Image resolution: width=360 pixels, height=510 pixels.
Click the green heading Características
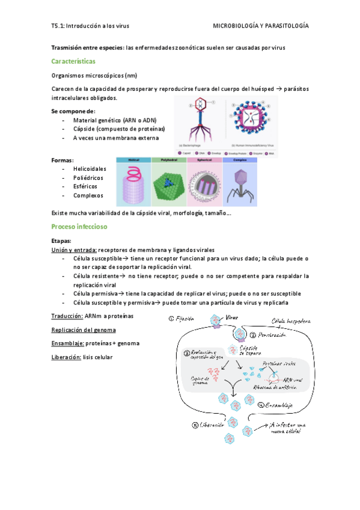click(73, 61)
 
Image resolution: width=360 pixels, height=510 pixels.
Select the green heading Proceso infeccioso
click(79, 227)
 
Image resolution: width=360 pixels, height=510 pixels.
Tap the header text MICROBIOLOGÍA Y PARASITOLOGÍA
click(261, 26)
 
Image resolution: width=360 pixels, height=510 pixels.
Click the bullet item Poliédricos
click(88, 177)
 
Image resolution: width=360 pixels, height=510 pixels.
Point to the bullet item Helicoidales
click(90, 169)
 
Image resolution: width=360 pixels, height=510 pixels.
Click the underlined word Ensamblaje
click(66, 343)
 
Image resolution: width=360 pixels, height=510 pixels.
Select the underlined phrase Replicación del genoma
click(84, 330)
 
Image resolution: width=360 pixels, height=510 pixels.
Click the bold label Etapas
click(62, 241)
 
